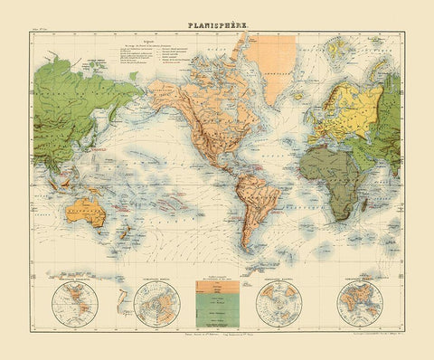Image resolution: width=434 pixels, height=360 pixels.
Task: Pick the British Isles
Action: (316, 100)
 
